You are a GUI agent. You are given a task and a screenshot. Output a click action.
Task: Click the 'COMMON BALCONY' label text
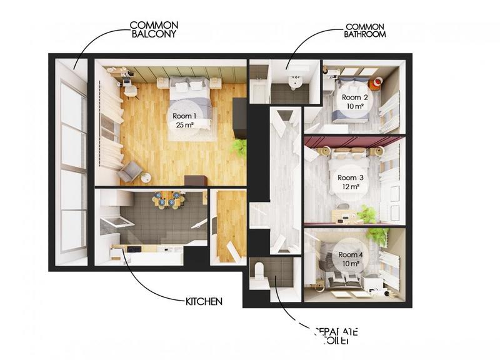tap(154, 29)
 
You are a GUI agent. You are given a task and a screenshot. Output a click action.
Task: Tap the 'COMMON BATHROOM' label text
tap(365, 31)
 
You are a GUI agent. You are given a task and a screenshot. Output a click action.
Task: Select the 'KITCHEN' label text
tap(204, 302)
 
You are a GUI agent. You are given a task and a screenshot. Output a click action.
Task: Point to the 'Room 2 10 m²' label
tap(354, 102)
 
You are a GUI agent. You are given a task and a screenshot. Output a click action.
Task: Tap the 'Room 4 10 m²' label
tap(351, 259)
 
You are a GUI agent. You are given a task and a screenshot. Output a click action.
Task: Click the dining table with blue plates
tap(167, 201)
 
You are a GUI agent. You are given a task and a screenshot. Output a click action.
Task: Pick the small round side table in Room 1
tap(146, 177)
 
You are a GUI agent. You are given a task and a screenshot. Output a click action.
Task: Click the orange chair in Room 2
tap(377, 82)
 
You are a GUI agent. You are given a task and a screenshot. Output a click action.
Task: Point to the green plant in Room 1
tap(238, 148)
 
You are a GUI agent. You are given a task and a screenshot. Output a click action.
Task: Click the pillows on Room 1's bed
tap(189, 86)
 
